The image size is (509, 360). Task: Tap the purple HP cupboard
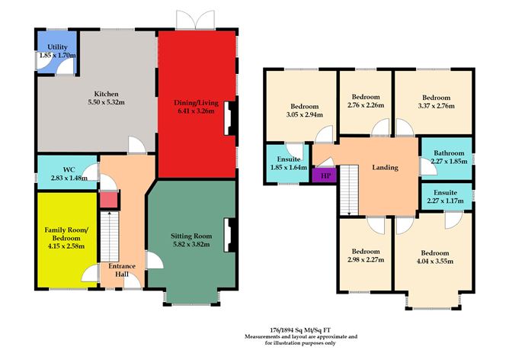(324, 174)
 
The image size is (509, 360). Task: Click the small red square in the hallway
(109, 201)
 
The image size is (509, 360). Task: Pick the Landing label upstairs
(385, 167)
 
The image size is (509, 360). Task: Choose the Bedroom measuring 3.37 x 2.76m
(437, 101)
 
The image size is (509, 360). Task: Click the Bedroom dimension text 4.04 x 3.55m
(432, 261)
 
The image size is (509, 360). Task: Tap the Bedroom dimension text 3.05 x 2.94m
(302, 115)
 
